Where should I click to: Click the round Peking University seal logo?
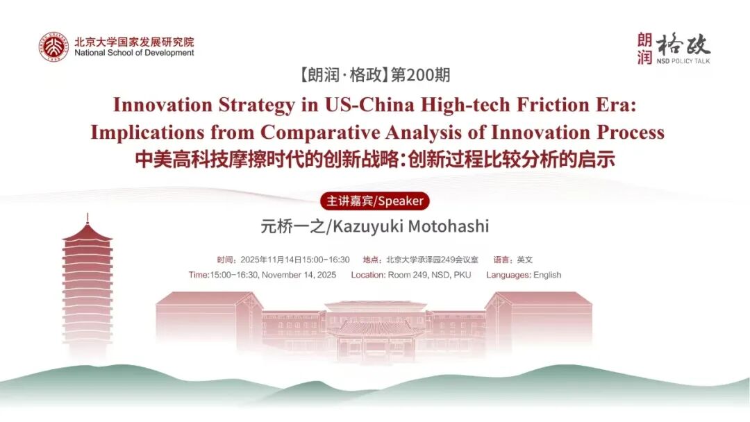53,47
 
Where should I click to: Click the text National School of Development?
135,53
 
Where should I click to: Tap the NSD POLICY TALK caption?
683,61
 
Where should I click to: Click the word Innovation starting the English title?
162,105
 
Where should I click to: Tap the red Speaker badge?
375,201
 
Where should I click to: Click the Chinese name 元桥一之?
292,226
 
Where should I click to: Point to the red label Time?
199,275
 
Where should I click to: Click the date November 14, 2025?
299,276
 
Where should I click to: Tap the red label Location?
368,275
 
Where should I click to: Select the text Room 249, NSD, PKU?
430,276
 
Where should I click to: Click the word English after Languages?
547,276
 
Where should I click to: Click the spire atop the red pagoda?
87,219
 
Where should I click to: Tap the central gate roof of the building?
374,328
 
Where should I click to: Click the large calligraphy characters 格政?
683,45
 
